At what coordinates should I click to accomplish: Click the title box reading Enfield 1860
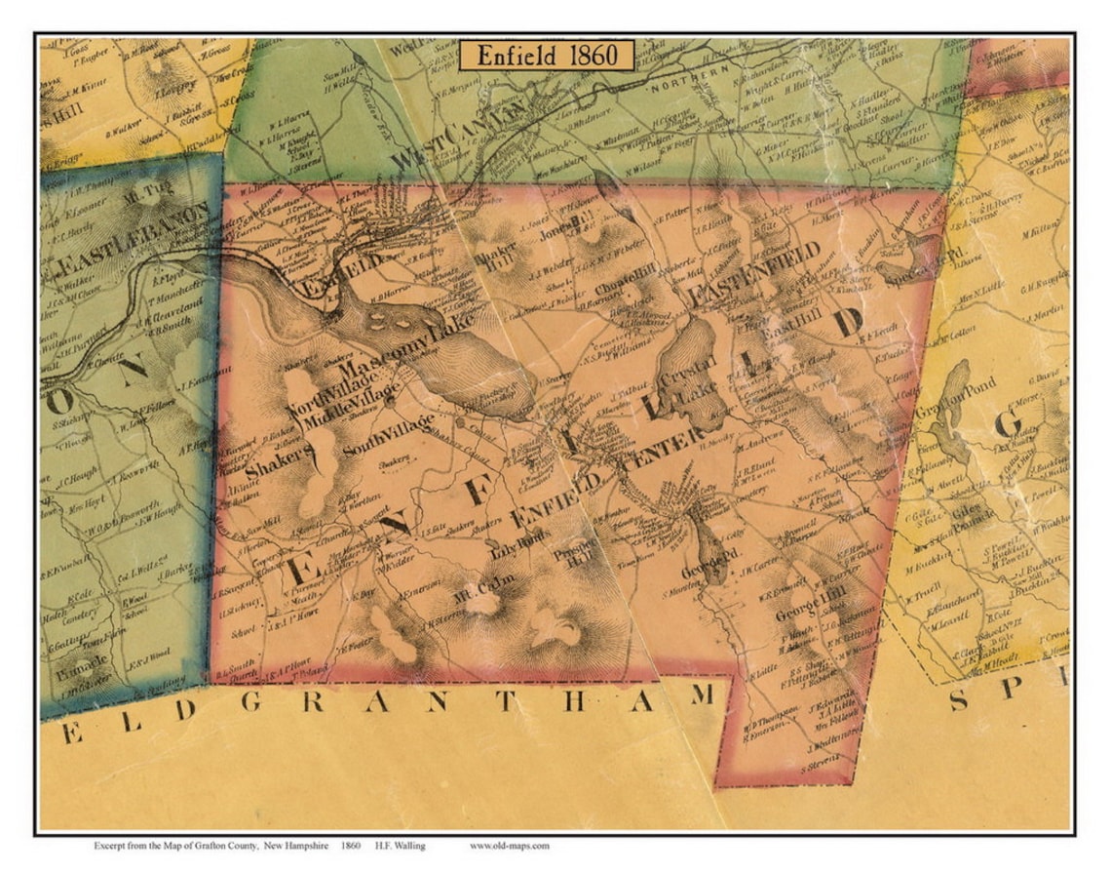pyautogui.click(x=547, y=55)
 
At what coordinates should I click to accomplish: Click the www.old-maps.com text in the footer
pyautogui.click(x=509, y=846)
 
